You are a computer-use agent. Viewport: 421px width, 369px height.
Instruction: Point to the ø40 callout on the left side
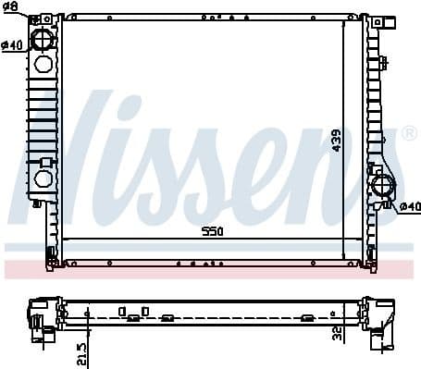pyautogui.click(x=12, y=45)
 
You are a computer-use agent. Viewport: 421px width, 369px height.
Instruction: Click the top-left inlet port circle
pyautogui.click(x=43, y=39)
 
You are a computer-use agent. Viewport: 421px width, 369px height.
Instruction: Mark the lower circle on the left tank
pyautogui.click(x=43, y=178)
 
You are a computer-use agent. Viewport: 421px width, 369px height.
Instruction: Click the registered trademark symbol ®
pyautogui.click(x=409, y=135)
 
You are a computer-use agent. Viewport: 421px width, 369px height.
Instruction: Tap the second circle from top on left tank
pyautogui.click(x=43, y=65)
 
